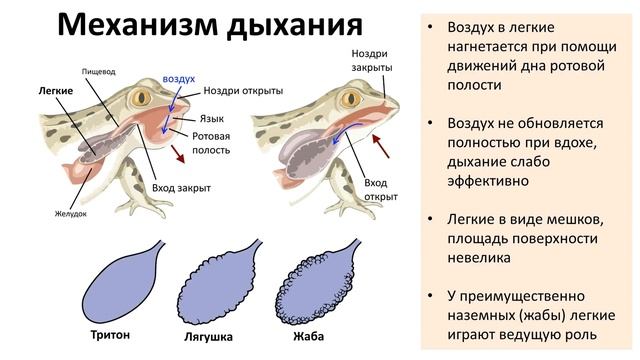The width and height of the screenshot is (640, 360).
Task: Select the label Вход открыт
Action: click(x=376, y=189)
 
